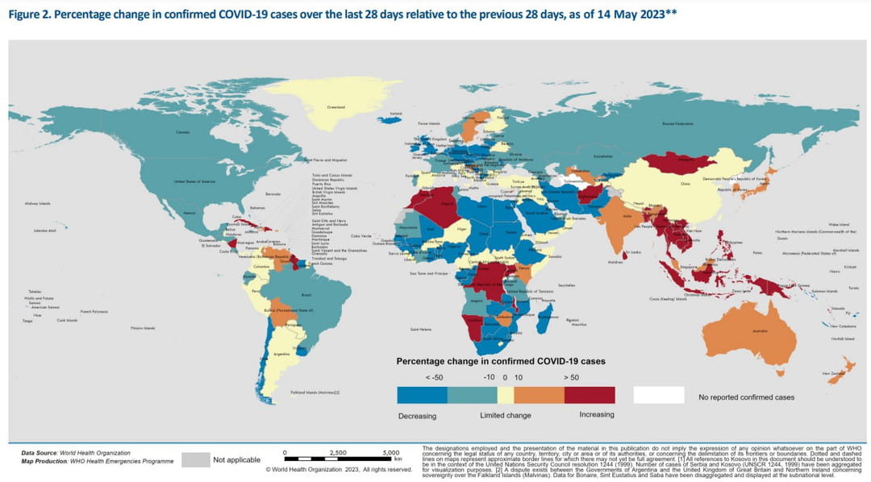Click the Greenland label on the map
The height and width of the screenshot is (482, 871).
point(335,107)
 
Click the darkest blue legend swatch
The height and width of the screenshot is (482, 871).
point(422,395)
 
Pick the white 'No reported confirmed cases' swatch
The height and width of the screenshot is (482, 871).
point(658,395)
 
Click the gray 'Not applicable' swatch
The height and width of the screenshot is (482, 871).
point(194,459)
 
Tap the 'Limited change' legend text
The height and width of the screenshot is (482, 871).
point(506,415)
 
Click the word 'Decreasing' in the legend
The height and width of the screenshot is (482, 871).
point(417,415)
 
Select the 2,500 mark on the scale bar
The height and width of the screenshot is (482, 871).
point(338,452)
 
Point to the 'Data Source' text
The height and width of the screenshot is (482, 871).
point(43,453)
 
